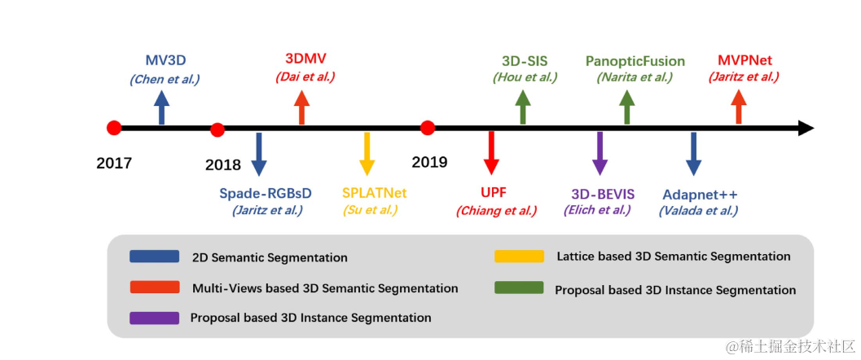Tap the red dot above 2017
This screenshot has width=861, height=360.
[x=114, y=128]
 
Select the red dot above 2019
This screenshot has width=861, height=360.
[x=428, y=128]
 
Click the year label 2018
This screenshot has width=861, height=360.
[x=223, y=165]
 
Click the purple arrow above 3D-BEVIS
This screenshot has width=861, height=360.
[x=600, y=152]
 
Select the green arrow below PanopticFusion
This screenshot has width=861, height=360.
[x=627, y=107]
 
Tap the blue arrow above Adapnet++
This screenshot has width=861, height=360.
[x=693, y=152]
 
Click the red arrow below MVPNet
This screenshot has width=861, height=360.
[x=739, y=107]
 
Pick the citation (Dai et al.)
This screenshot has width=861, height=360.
[x=305, y=77]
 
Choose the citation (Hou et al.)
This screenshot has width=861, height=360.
[x=525, y=77]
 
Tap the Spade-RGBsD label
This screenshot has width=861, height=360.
[x=266, y=194]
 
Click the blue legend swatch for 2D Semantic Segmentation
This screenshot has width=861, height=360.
[x=155, y=257]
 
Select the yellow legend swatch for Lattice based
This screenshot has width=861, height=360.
[x=519, y=256]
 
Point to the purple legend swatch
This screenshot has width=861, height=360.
[x=154, y=317]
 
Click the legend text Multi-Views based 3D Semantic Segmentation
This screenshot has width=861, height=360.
[x=325, y=288]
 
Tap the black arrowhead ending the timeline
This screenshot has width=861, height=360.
[x=806, y=128]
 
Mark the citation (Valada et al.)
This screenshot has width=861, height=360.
[x=698, y=210]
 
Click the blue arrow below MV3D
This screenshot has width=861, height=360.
[x=162, y=107]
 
